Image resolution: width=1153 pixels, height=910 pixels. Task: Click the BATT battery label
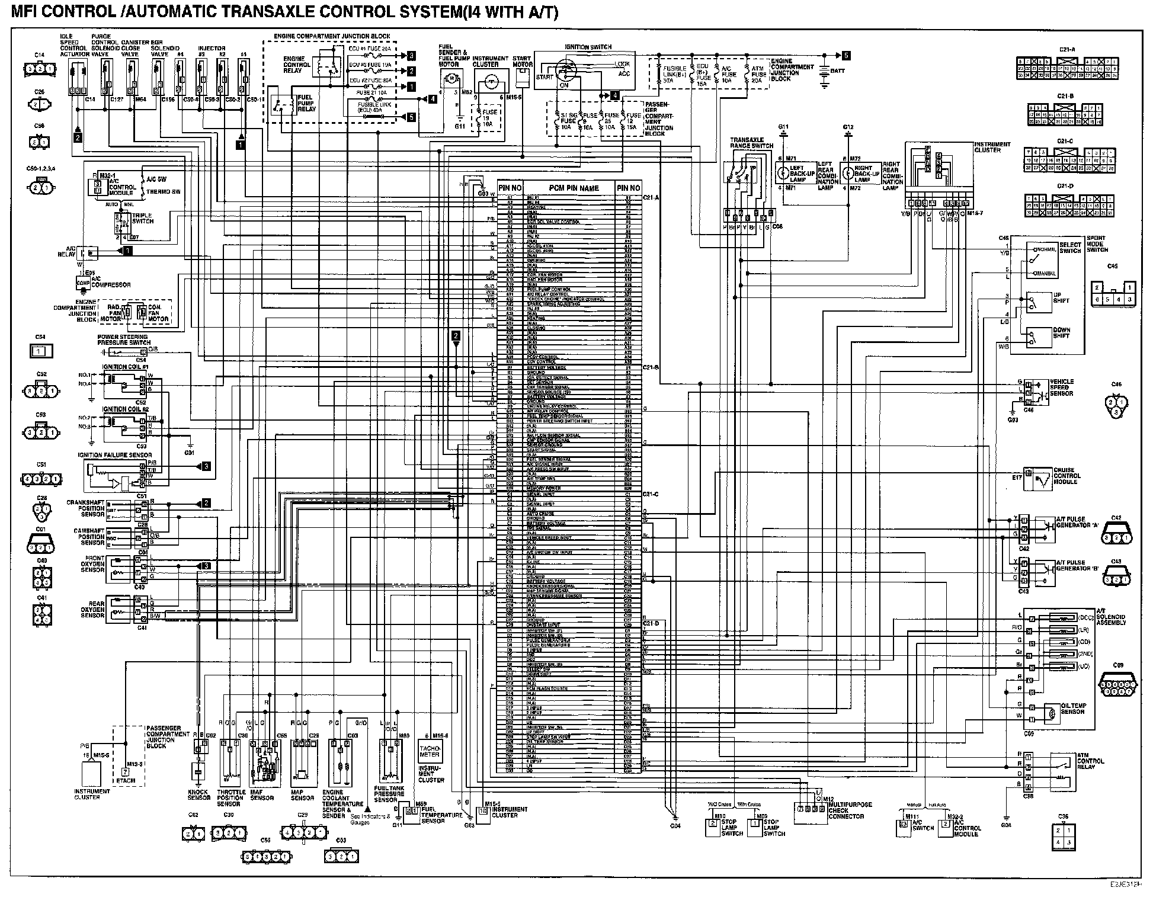[838, 71]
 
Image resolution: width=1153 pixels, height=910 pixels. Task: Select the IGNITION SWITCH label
[588, 47]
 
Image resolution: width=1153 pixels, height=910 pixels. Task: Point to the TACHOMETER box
[430, 751]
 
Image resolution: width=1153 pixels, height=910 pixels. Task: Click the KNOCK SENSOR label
[198, 794]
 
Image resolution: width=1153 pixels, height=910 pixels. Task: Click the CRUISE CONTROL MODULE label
[1067, 476]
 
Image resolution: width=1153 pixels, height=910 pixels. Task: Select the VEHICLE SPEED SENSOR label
[1062, 387]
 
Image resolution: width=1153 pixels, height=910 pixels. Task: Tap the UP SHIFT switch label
[1061, 297]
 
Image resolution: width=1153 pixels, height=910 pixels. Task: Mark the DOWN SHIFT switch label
[1062, 333]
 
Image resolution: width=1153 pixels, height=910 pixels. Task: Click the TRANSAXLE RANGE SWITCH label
[752, 143]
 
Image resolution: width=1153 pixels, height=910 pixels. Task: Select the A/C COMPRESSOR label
[111, 285]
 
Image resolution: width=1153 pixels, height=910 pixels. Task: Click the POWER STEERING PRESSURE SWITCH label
[123, 340]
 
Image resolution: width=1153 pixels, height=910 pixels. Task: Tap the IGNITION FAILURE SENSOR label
[114, 455]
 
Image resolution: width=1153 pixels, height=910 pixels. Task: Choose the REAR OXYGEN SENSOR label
[92, 610]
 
